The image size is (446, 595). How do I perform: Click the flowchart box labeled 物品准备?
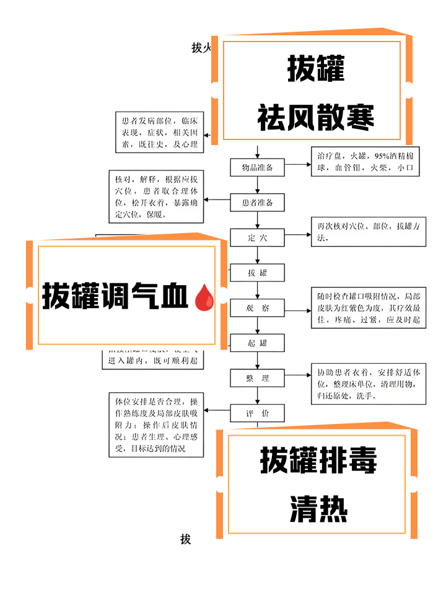(x=257, y=167)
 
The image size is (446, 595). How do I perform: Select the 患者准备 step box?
(x=257, y=203)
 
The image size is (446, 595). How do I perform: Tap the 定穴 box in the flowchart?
(x=257, y=237)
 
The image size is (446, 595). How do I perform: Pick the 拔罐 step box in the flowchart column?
(x=257, y=273)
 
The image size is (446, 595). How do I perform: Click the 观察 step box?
(x=257, y=308)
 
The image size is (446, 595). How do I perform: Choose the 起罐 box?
(x=257, y=343)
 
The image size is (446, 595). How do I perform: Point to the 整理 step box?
(x=257, y=378)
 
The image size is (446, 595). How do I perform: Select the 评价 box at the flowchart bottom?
(x=257, y=413)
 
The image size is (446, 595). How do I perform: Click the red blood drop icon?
(x=204, y=297)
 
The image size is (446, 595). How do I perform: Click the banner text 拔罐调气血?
(x=115, y=296)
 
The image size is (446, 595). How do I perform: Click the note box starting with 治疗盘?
(x=368, y=161)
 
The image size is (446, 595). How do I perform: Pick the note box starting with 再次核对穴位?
(x=368, y=232)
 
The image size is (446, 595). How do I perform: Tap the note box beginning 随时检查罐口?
(x=368, y=308)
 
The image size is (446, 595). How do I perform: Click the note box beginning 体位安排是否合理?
(x=155, y=425)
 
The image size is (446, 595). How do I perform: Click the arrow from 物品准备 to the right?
(x=297, y=165)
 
